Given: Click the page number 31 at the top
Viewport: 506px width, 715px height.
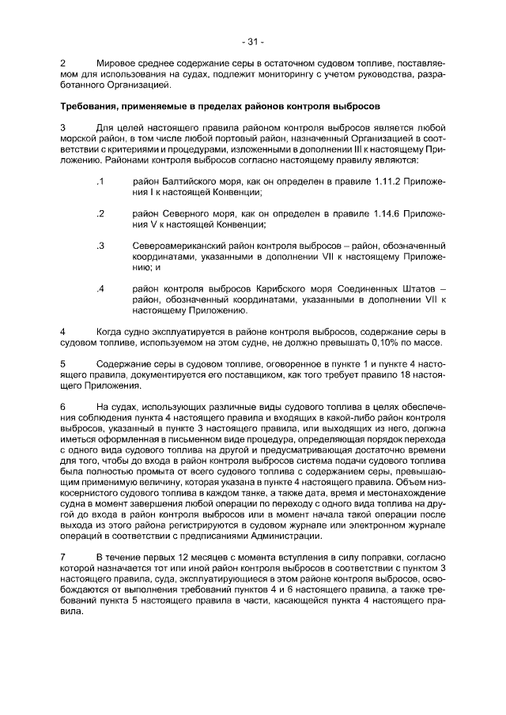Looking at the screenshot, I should click(x=253, y=42).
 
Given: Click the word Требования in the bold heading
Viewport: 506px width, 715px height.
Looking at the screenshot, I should click(x=92, y=105).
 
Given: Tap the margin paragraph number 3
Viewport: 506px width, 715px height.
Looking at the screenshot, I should click(x=63, y=127).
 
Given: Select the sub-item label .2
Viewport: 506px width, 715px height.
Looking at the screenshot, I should click(x=100, y=213).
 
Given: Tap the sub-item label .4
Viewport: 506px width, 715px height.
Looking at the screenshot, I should click(x=100, y=289).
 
